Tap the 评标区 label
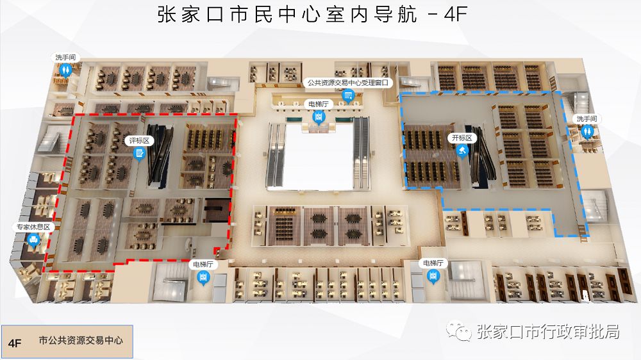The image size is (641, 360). (138, 140)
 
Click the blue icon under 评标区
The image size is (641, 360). (138, 152)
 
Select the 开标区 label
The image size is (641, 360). (462, 138)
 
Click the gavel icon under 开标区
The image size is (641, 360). (462, 151)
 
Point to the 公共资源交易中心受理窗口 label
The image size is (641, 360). (348, 83)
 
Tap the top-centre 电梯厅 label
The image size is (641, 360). (318, 104)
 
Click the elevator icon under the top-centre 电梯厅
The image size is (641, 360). (318, 117)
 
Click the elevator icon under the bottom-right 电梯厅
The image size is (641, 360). (433, 276)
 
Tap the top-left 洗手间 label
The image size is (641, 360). (65, 57)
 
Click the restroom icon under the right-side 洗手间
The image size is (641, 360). (588, 131)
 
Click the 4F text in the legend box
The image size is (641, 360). (15, 343)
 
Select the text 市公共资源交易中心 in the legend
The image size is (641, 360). (80, 341)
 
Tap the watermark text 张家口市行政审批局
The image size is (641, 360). (548, 332)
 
